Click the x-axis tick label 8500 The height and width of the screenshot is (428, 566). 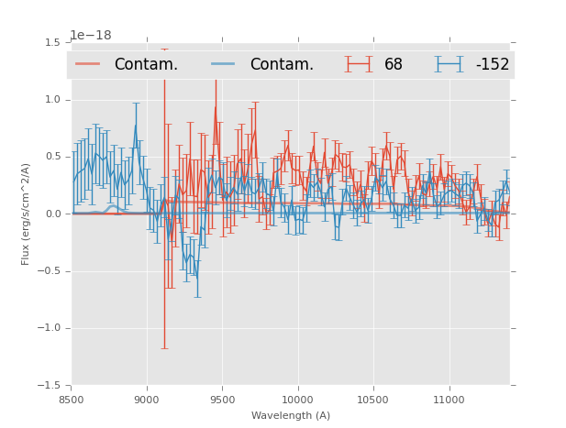72,400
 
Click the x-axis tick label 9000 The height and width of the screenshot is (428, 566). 147,400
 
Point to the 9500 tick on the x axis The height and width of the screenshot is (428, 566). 222,400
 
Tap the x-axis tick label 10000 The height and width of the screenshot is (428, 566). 298,400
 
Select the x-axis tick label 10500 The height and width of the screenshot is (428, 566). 373,400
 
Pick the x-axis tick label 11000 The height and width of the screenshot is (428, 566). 449,400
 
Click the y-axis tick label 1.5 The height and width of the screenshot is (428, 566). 52,43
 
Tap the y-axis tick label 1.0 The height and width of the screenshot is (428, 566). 52,100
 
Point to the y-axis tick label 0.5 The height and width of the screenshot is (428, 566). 52,157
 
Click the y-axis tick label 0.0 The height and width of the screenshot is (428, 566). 52,214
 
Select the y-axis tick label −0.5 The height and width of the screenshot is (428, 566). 50,271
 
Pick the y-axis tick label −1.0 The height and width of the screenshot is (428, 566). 50,328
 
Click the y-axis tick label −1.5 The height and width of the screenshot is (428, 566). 50,385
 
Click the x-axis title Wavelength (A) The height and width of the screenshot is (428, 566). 291,415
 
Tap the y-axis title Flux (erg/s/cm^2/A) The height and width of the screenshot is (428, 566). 26,214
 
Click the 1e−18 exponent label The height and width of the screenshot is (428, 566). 91,36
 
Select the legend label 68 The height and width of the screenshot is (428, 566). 394,65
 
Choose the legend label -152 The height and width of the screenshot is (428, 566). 493,65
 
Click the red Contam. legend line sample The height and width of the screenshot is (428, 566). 88,64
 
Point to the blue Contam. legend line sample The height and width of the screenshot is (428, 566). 224,64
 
